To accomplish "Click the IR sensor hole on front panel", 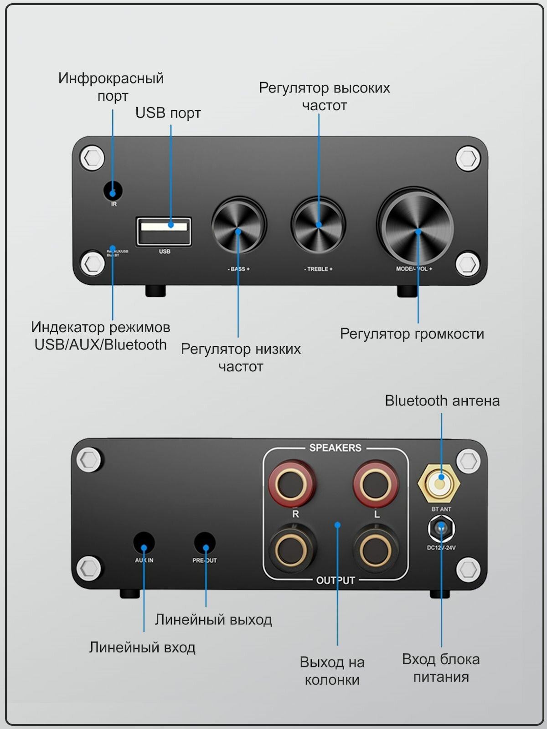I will [x=113, y=190].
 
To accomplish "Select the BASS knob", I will [x=238, y=226].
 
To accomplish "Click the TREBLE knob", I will [x=318, y=224].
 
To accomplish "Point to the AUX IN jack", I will [x=144, y=543].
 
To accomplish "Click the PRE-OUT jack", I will [x=205, y=543].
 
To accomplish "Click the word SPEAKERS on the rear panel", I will [x=335, y=448].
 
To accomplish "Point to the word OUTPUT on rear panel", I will [x=335, y=580].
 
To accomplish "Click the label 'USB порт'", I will [x=168, y=113].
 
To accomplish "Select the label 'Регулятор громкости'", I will [x=412, y=334].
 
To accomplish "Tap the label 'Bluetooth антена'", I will [x=442, y=401].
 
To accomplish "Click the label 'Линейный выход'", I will [x=213, y=620].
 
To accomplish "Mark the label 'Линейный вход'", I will [x=142, y=647].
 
